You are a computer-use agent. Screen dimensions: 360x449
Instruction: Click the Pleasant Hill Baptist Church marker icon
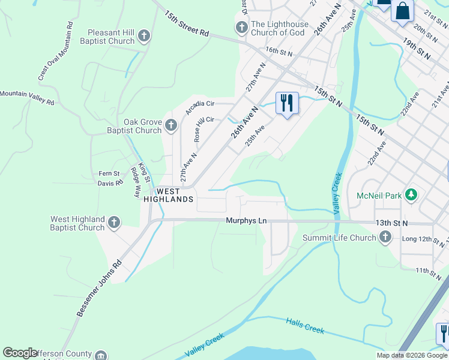tap(143, 36)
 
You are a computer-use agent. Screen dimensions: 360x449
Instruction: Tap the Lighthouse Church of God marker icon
tap(241, 28)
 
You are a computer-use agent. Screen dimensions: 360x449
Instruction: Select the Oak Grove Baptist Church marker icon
tap(171, 126)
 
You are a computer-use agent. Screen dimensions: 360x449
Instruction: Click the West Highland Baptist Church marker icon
tap(114, 223)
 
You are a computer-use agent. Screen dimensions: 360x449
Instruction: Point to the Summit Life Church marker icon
tap(385, 238)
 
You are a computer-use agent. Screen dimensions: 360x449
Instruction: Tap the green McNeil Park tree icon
tap(411, 194)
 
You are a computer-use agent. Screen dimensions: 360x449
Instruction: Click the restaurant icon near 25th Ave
tap(287, 103)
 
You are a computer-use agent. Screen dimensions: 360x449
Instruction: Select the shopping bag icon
tap(402, 11)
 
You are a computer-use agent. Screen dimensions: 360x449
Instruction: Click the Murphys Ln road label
tap(246, 221)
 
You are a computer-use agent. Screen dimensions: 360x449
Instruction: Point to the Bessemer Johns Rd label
tap(99, 288)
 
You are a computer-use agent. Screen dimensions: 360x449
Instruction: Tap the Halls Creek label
tap(305, 326)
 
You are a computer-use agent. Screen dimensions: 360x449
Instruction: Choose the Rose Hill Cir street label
tap(204, 128)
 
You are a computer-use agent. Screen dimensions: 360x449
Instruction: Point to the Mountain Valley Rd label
tap(27, 98)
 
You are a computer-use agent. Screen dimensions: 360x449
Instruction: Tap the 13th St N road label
tap(392, 223)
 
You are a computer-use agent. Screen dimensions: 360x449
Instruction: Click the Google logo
tap(20, 353)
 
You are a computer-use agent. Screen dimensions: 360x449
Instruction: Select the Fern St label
tap(109, 174)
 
